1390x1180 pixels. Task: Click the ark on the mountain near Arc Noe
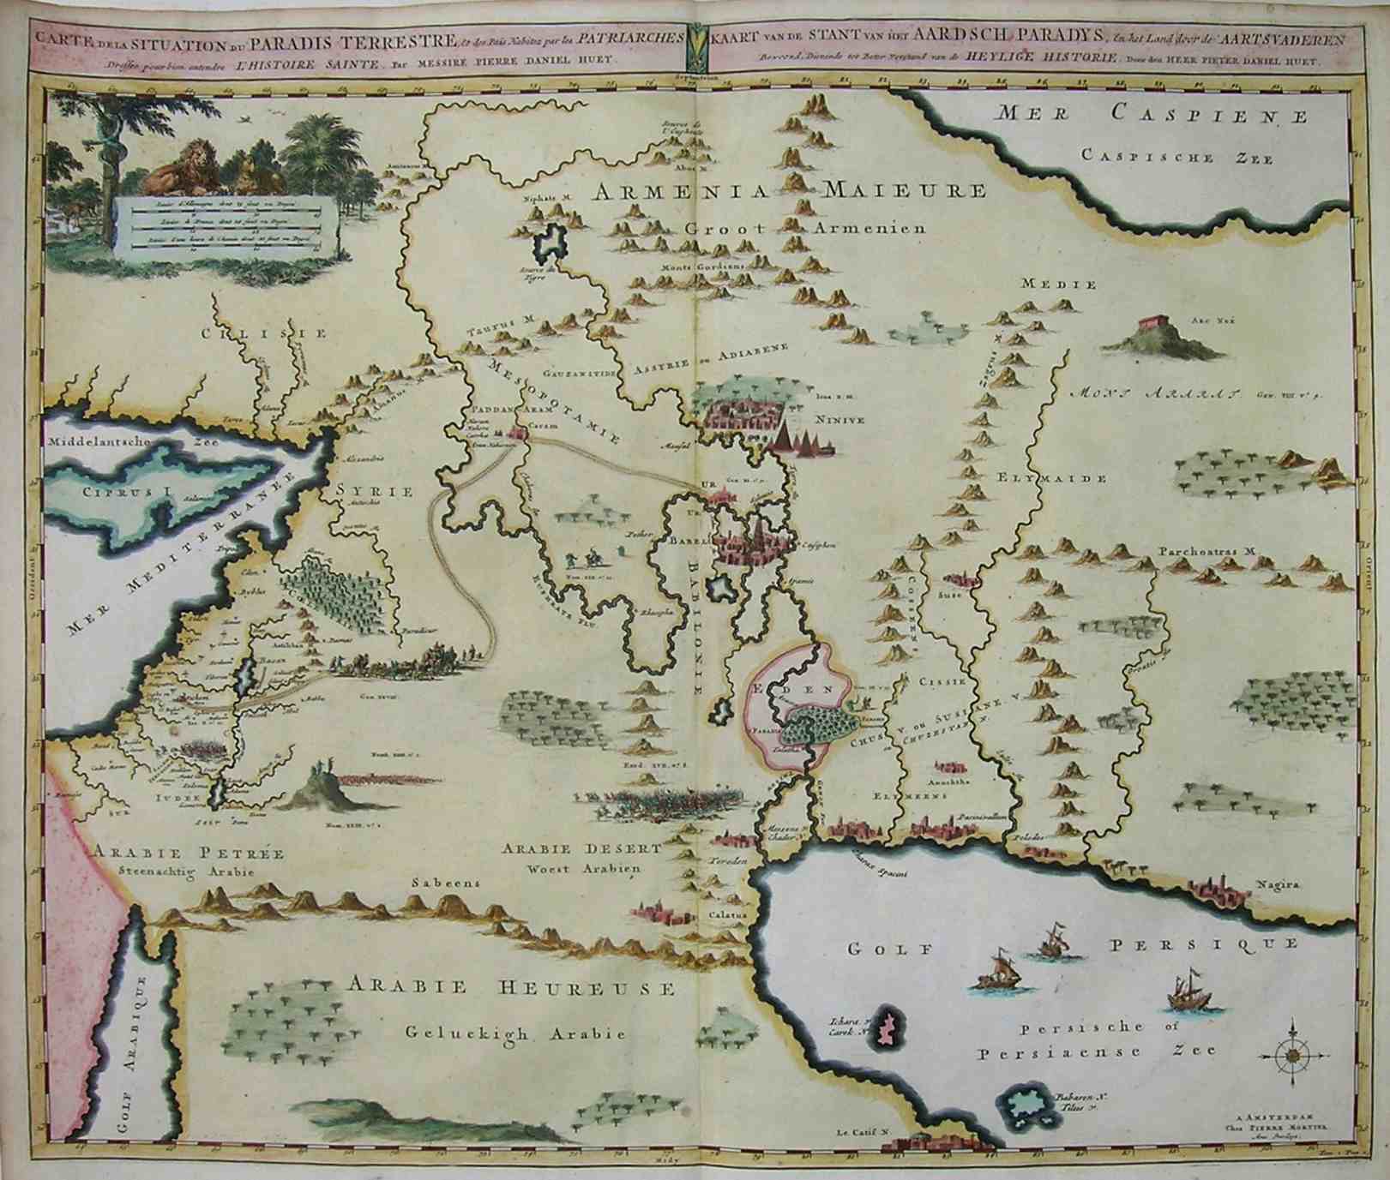(1154, 326)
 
